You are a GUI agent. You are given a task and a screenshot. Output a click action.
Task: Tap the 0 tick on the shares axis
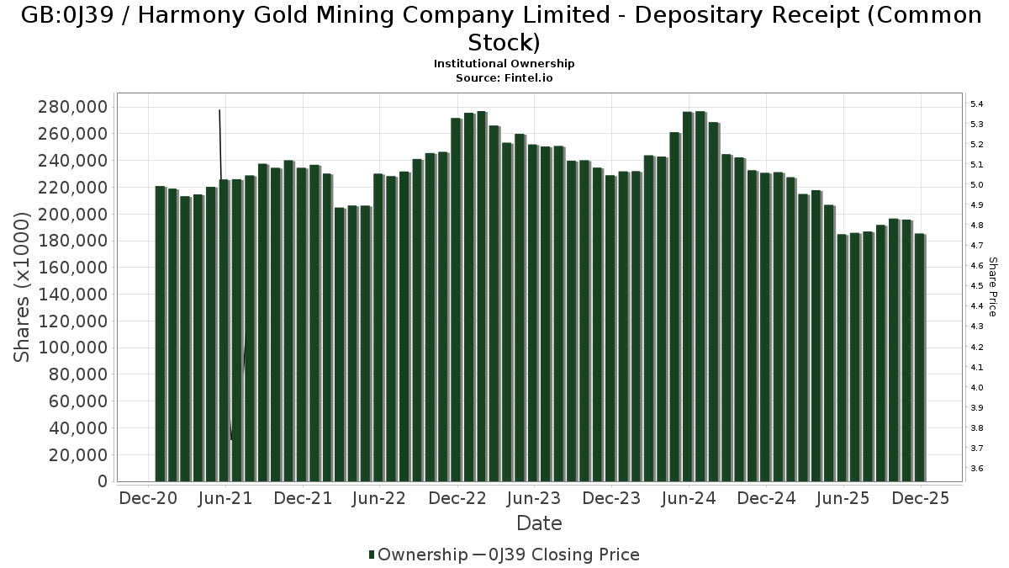click(x=103, y=481)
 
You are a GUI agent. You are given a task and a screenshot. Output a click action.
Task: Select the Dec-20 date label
click(x=148, y=498)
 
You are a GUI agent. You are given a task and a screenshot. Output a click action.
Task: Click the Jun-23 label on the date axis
click(x=532, y=498)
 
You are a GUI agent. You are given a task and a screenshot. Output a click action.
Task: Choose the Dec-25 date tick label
click(x=921, y=498)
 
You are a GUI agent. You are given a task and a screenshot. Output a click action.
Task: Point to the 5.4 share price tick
click(x=977, y=104)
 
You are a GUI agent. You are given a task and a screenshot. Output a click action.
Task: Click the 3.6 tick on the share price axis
click(x=977, y=469)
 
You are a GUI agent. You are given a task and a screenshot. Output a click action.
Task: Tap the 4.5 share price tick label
click(x=977, y=286)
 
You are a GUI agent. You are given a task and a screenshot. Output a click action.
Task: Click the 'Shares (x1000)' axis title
click(x=23, y=286)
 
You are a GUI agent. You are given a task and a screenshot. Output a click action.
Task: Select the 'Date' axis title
click(x=539, y=523)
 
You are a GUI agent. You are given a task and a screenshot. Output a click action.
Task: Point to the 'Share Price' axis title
click(x=992, y=286)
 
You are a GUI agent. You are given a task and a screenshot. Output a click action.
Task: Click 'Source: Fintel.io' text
click(x=504, y=77)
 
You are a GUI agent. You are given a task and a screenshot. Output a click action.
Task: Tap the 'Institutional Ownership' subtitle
click(x=504, y=64)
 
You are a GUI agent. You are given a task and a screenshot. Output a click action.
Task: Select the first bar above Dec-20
click(x=161, y=334)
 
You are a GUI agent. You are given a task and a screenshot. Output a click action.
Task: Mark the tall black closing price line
click(x=220, y=143)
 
